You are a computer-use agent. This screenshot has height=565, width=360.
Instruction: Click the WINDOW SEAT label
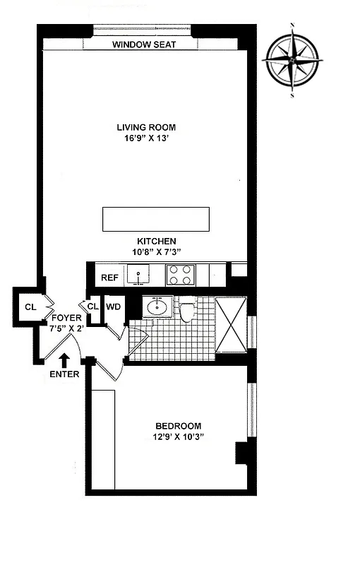144,45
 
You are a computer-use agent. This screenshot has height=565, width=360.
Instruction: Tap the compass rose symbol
292,61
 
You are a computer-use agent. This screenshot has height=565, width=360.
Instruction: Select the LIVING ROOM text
146,127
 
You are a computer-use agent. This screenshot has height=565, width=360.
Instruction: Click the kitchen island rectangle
156,219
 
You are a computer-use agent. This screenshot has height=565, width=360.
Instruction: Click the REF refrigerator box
109,278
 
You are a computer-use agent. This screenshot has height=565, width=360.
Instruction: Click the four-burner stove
179,274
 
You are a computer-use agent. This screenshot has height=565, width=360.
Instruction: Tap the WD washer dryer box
113,307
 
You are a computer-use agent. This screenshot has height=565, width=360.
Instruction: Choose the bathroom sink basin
157,308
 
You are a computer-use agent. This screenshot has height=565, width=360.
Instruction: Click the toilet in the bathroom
187,311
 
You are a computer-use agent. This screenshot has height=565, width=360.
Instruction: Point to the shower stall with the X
231,325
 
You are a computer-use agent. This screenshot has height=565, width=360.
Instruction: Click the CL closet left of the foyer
29,307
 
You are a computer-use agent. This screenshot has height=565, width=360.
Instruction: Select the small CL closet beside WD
92,307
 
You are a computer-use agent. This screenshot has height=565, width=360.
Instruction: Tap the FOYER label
66,319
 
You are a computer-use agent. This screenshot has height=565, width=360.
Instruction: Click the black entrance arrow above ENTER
65,359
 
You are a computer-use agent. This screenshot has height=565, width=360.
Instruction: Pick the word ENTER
65,374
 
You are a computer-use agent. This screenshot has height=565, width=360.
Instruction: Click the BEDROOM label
178,426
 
